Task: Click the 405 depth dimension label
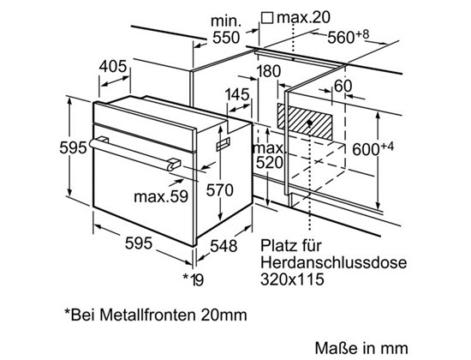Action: [x=113, y=67]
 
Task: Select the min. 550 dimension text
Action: [x=226, y=30]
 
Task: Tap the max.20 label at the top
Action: [x=303, y=17]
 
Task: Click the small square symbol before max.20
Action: [x=267, y=17]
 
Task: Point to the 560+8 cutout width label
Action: [x=348, y=37]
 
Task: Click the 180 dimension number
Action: [x=269, y=72]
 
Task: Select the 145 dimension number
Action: [x=237, y=95]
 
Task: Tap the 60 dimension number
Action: [x=343, y=86]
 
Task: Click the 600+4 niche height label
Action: [x=373, y=149]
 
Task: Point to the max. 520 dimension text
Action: [x=269, y=155]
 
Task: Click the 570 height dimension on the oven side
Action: [x=219, y=190]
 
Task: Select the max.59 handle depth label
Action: [x=161, y=197]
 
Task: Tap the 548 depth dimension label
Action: [x=224, y=246]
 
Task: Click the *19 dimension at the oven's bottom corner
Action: [x=194, y=279]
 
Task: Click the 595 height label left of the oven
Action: [x=73, y=148]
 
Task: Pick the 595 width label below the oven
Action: [x=139, y=243]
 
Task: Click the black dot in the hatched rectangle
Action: [x=309, y=123]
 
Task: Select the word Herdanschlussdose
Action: [x=333, y=262]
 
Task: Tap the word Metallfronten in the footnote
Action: [x=148, y=315]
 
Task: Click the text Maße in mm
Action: [x=361, y=348]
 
